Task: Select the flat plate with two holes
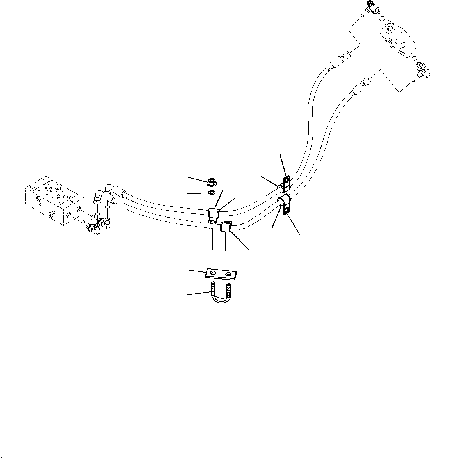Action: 221,274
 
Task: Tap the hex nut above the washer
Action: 211,182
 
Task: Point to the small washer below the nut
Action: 211,192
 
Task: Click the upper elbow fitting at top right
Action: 374,8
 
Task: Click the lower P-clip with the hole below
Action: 285,204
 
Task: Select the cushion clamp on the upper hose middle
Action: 214,214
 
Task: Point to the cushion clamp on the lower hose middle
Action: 226,227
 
